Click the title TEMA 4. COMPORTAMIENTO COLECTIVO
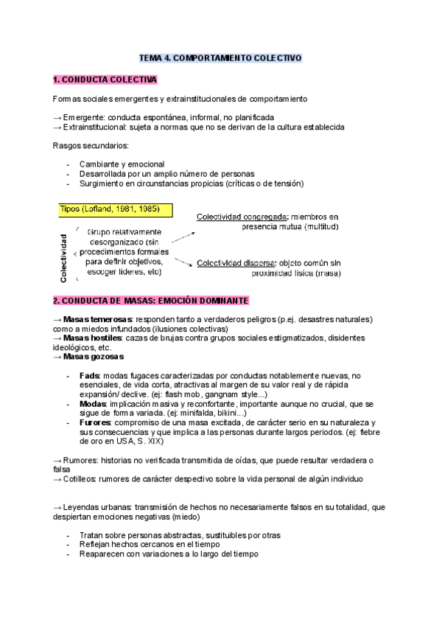(221, 57)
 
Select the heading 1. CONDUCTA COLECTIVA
(105, 79)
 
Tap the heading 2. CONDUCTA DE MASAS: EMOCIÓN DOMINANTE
(151, 301)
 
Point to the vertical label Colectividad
(65, 258)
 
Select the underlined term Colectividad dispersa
(233, 263)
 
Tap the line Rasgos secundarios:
(91, 145)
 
